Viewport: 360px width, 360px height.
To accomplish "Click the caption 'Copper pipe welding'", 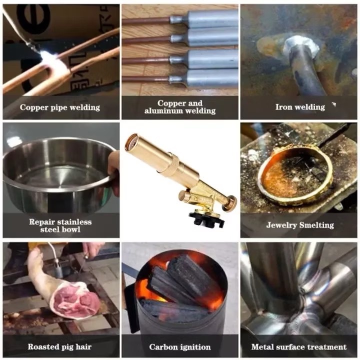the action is click(60, 107).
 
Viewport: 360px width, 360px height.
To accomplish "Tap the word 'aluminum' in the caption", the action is click(163, 111).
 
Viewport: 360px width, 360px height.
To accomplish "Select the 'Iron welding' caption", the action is click(300, 107).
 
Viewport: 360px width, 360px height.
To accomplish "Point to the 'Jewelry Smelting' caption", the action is click(300, 225).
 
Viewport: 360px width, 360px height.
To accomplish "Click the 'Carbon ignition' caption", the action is click(180, 347).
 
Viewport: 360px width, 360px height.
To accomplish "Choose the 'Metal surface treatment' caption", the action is click(299, 346).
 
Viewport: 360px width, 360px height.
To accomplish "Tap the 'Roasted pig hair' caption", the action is click(59, 346).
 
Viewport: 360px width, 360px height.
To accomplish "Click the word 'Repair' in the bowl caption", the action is click(41, 222).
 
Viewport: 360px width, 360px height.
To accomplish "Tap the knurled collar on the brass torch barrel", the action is click(174, 163).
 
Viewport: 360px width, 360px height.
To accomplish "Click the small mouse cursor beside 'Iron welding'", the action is click(334, 104).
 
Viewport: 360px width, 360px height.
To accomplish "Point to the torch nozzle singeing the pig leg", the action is click(59, 269).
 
